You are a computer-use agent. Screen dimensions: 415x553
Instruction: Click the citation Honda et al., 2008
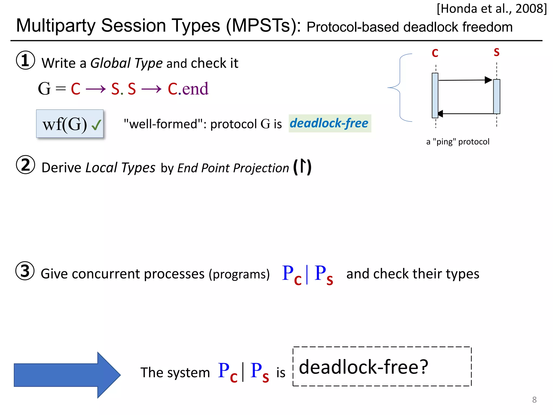[491, 9]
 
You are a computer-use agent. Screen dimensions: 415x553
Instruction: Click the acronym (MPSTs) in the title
[263, 26]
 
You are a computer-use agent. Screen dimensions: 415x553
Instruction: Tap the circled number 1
[25, 60]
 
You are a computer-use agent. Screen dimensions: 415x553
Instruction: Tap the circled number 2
[25, 165]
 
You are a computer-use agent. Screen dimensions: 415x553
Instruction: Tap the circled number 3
[25, 271]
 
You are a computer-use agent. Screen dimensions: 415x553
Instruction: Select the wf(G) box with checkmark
[70, 124]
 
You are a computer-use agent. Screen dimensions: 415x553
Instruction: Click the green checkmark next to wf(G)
[96, 125]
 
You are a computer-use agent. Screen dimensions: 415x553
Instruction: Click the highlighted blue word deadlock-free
[329, 123]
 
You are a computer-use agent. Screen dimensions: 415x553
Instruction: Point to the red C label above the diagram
[435, 53]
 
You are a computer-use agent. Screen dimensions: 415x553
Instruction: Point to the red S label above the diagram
[496, 52]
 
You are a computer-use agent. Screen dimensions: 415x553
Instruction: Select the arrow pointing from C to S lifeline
[464, 80]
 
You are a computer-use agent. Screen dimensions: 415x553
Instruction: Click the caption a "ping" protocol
[458, 142]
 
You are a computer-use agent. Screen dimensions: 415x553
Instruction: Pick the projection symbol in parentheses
[302, 167]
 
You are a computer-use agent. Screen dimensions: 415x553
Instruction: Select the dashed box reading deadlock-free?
[382, 367]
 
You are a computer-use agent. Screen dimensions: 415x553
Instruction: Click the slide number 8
[534, 400]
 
